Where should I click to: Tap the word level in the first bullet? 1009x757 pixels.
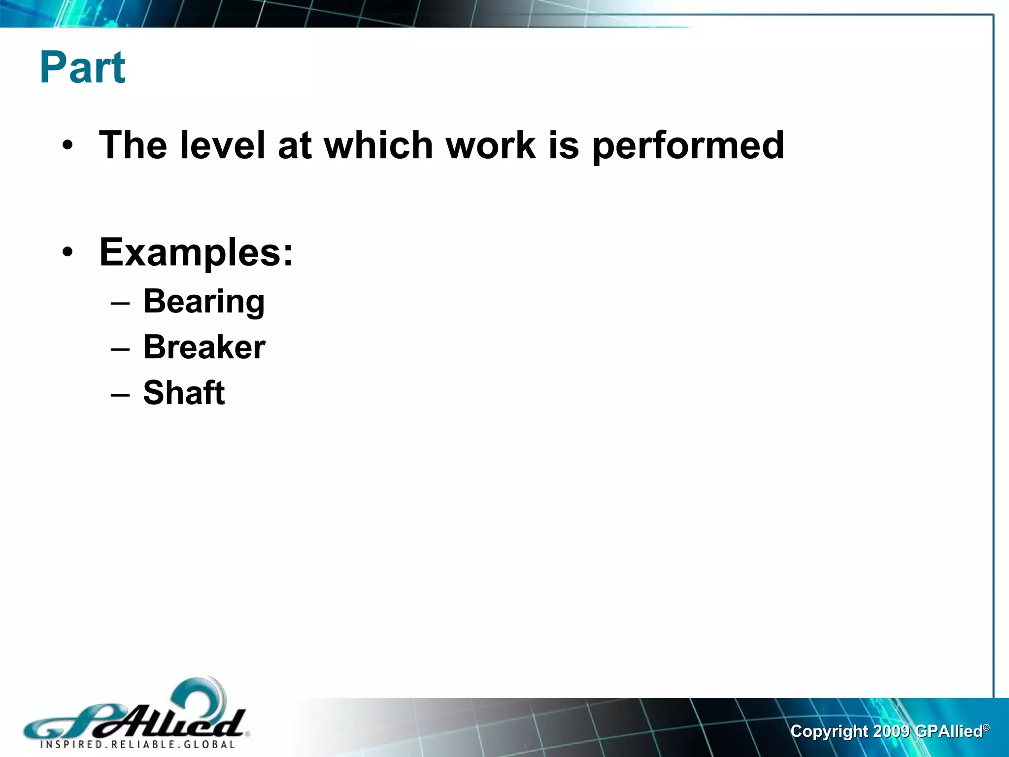coord(222,145)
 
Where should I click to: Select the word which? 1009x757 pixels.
coord(378,145)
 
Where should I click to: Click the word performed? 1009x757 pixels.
coord(688,146)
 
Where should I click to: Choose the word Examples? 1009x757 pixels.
coord(196,252)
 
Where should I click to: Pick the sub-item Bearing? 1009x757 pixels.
coord(204,302)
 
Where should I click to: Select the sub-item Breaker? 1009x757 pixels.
coord(204,347)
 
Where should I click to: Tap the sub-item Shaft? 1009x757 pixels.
coord(184,393)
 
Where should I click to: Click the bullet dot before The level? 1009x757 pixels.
coord(68,146)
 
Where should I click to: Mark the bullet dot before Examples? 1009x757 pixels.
coord(68,252)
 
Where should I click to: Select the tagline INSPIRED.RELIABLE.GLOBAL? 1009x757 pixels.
coord(138,745)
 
